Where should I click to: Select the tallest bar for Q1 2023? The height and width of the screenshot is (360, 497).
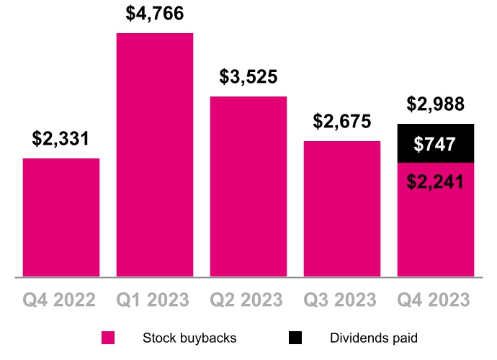click(x=155, y=155)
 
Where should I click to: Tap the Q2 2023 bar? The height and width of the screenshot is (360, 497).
click(x=248, y=186)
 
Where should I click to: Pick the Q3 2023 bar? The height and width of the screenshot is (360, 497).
click(x=342, y=209)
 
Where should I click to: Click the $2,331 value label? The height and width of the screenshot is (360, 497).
click(x=61, y=139)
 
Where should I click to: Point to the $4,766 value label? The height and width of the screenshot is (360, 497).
click(x=155, y=14)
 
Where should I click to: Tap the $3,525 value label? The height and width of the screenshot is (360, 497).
click(x=248, y=77)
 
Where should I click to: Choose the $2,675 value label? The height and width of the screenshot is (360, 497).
click(x=342, y=122)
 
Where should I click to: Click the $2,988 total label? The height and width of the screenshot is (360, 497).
click(x=435, y=104)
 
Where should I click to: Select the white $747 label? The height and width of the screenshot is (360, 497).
click(x=435, y=145)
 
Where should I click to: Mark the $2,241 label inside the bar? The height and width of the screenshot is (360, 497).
click(x=435, y=182)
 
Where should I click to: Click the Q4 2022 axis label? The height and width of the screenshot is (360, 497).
click(x=61, y=300)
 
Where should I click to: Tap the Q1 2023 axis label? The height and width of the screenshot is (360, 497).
click(x=155, y=300)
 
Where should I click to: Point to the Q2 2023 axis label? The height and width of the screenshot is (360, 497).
click(x=248, y=300)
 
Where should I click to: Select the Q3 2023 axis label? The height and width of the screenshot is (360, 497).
click(x=342, y=300)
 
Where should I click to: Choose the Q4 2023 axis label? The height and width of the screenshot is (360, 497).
click(x=435, y=300)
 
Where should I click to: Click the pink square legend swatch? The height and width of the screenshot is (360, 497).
click(x=108, y=338)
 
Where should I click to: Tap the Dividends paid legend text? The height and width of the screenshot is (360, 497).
click(x=374, y=338)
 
